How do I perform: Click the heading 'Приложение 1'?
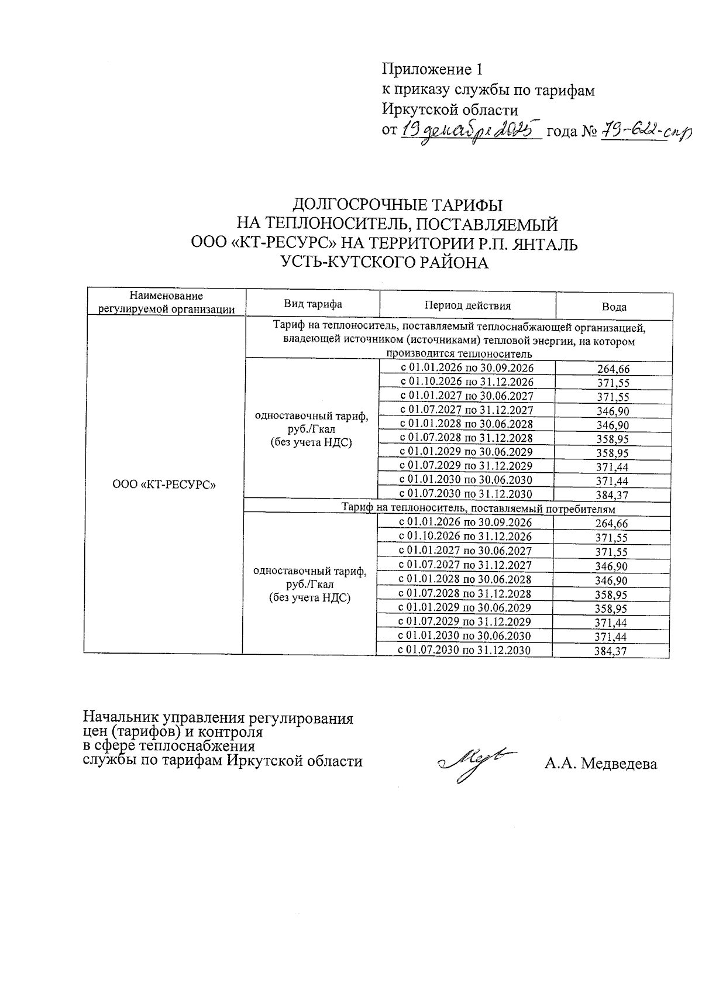(433, 70)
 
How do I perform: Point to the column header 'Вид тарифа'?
(313, 304)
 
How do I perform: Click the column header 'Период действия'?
(467, 305)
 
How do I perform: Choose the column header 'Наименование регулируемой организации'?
(167, 303)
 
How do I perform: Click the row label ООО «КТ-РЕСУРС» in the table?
(164, 485)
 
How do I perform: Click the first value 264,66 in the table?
(613, 369)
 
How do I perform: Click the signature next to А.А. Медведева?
(478, 762)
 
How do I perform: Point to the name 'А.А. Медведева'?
(600, 764)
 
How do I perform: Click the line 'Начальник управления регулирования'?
(219, 718)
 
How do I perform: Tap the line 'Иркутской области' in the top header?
(450, 109)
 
